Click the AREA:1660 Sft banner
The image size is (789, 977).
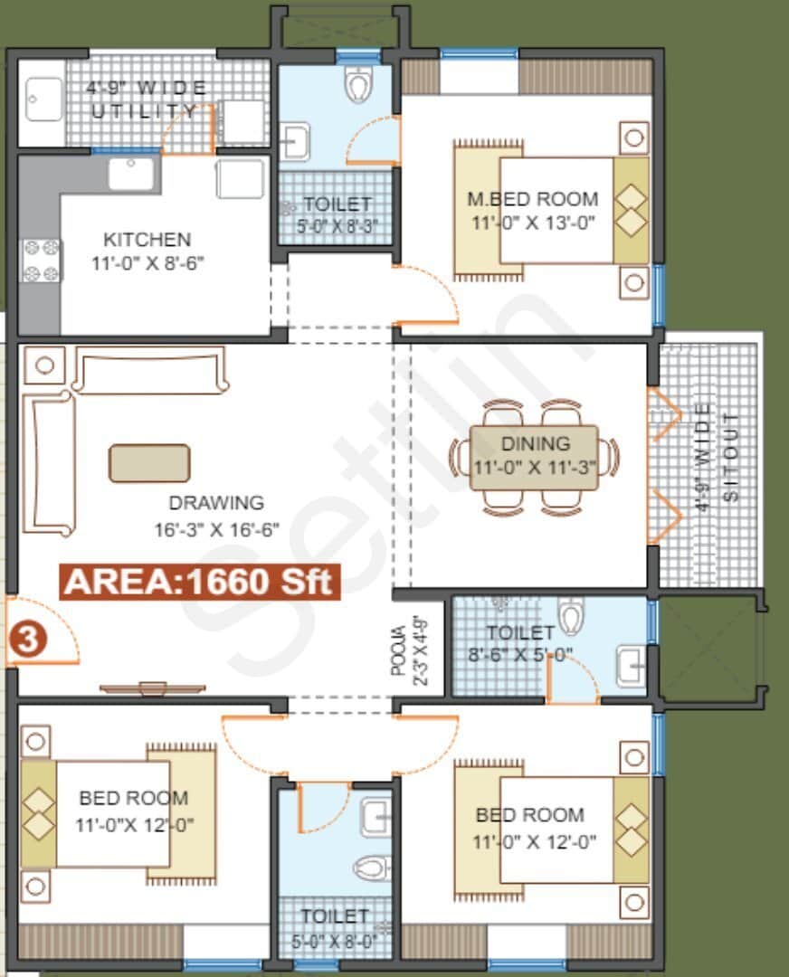click(200, 581)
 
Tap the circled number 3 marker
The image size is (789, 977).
click(27, 640)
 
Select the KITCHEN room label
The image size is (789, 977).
click(147, 240)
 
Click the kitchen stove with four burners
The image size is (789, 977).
click(41, 260)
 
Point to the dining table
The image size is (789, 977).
click(534, 458)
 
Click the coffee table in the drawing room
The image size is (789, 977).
click(149, 462)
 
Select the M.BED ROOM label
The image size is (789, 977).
click(532, 199)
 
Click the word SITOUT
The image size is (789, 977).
click(731, 457)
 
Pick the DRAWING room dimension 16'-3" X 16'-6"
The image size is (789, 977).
click(216, 527)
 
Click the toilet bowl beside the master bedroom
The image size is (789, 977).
click(358, 86)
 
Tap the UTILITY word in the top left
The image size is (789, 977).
click(145, 111)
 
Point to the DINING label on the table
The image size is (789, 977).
click(536, 444)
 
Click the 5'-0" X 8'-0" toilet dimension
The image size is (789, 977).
click(335, 940)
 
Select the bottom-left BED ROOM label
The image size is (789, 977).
click(134, 798)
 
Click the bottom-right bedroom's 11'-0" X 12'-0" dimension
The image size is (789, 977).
click(534, 842)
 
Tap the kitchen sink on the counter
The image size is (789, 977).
click(132, 173)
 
